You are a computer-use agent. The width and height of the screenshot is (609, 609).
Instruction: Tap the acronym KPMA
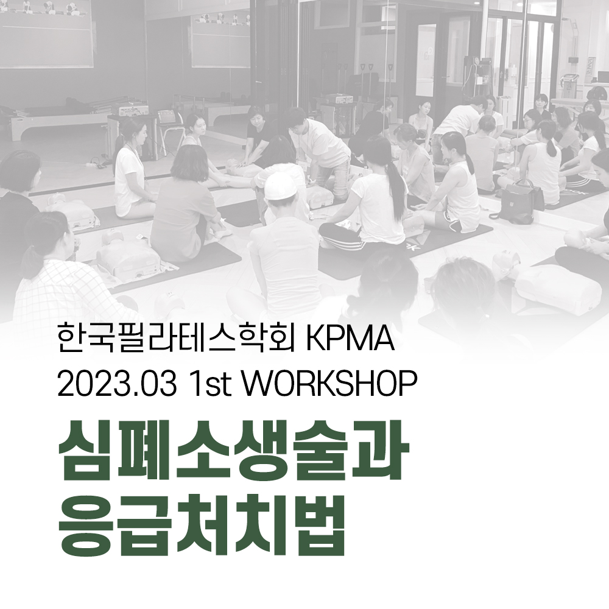[x=351, y=339]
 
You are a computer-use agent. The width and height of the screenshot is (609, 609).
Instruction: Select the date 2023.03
[x=116, y=383]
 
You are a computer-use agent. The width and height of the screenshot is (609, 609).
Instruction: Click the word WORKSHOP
[x=329, y=383]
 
